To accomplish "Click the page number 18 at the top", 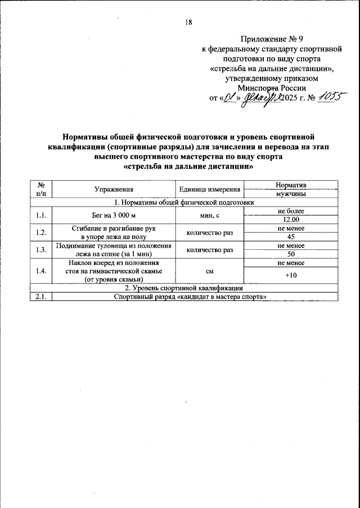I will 188,23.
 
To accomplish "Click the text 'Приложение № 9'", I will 272,39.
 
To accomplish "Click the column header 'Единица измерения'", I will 210,190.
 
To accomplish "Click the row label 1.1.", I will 40,215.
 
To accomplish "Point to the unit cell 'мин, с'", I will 210,215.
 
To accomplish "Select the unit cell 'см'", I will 210,271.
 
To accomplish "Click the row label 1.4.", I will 40,271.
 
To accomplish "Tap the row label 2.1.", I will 40,297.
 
